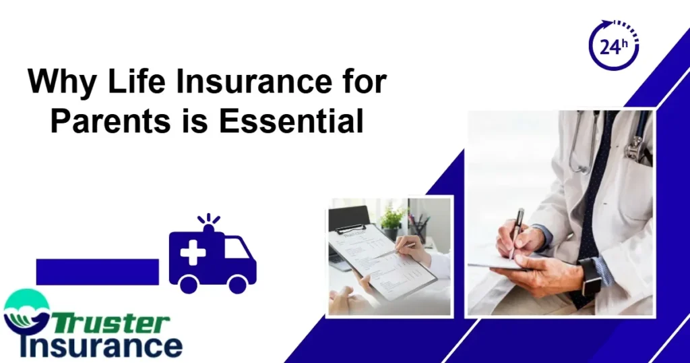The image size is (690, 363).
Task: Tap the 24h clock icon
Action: pyautogui.click(x=614, y=46)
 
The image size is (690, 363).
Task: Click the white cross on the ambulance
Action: pyautogui.click(x=193, y=252)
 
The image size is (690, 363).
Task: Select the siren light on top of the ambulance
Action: pyautogui.click(x=209, y=225)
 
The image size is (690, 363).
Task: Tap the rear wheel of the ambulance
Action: pyautogui.click(x=188, y=283)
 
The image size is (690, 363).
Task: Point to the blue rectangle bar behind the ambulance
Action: pyautogui.click(x=97, y=271)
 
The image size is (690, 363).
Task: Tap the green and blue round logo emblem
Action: pyautogui.click(x=25, y=312)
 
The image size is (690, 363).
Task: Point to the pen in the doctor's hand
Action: pyautogui.click(x=516, y=229)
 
